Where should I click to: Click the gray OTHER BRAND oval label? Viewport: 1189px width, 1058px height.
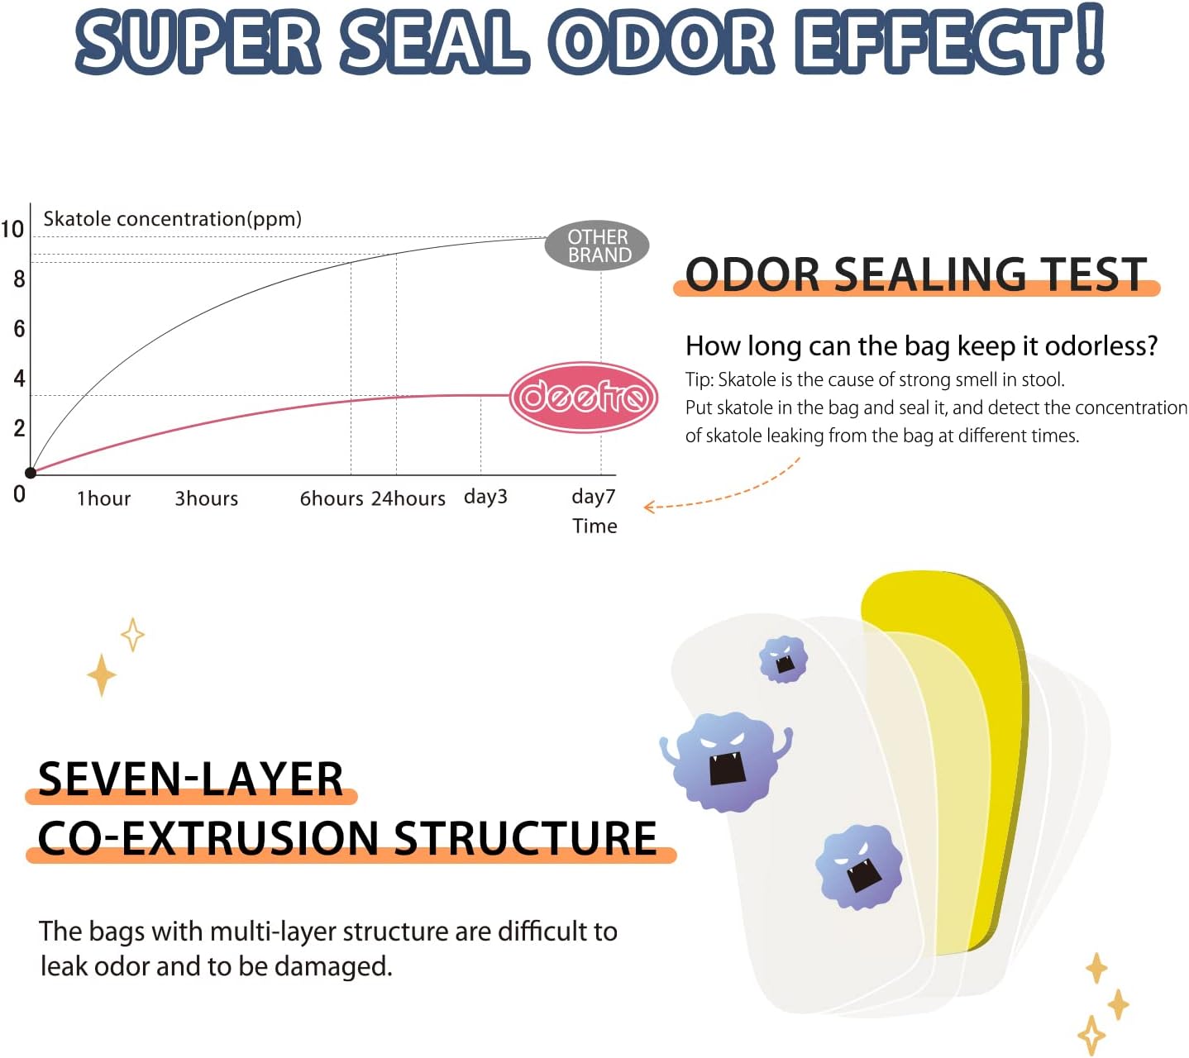click(597, 245)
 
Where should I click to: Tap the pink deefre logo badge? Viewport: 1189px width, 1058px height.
click(583, 397)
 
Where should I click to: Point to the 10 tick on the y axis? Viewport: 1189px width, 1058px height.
click(12, 229)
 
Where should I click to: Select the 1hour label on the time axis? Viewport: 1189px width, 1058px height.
click(103, 498)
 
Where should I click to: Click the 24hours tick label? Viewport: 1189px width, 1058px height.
click(408, 498)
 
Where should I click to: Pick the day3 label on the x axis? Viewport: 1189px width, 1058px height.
click(485, 497)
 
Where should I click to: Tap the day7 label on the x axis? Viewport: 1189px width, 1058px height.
click(593, 497)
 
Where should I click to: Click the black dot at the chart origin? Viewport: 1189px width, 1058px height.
click(31, 473)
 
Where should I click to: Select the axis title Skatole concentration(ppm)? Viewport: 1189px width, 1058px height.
click(172, 219)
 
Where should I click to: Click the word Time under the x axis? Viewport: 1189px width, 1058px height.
click(594, 526)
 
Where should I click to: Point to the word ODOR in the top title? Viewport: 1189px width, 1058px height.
click(661, 41)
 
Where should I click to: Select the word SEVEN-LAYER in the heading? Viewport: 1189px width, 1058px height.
click(190, 779)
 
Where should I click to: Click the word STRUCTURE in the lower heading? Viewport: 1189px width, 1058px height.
click(525, 838)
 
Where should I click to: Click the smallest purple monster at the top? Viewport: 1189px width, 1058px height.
click(783, 659)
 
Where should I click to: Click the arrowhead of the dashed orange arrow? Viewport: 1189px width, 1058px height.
click(649, 507)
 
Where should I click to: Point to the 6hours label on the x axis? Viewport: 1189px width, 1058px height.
click(331, 498)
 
